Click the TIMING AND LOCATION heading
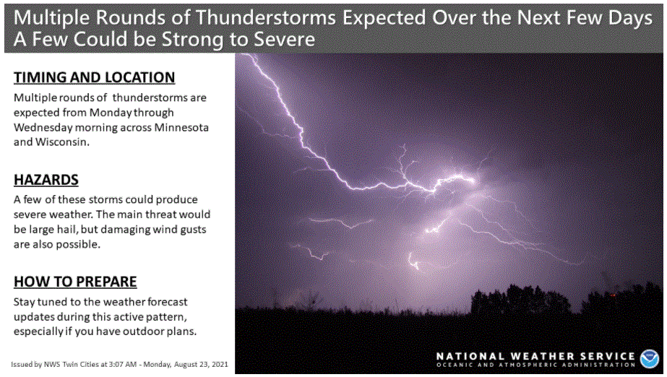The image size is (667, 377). (x=94, y=77)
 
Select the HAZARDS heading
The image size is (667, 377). (x=46, y=180)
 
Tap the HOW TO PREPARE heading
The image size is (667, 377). (x=75, y=282)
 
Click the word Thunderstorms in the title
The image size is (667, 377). (x=266, y=18)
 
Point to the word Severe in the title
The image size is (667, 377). (x=285, y=40)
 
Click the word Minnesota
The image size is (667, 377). (x=181, y=128)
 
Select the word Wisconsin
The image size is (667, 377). (x=62, y=142)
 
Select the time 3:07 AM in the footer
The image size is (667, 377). (x=123, y=365)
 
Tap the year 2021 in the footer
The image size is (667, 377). (x=220, y=365)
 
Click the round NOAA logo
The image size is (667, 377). (x=649, y=359)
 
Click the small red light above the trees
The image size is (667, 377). (x=613, y=295)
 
